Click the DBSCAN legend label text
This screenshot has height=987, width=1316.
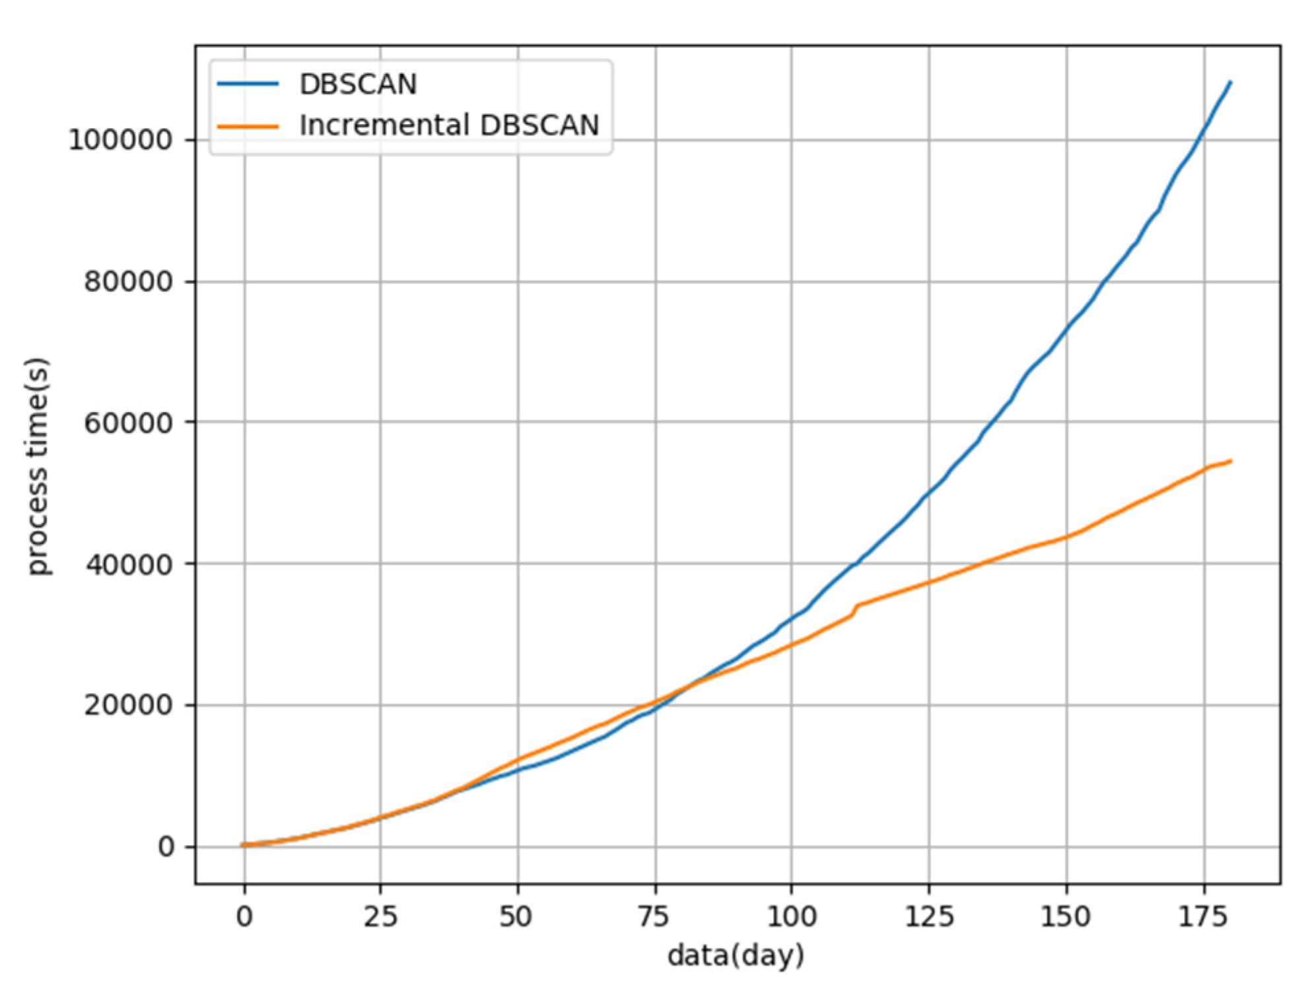(x=358, y=85)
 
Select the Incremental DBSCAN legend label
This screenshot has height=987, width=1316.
(x=449, y=125)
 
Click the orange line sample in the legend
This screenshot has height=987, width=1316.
(x=248, y=126)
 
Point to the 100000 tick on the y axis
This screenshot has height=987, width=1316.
(x=121, y=140)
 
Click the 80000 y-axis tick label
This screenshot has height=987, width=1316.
(x=128, y=282)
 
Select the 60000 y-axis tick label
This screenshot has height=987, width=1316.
(x=128, y=423)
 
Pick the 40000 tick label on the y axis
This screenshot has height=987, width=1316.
(x=128, y=564)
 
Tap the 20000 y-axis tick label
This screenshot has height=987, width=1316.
(x=128, y=706)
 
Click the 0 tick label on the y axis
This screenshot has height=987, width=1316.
(x=166, y=847)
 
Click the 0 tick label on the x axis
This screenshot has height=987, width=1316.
(x=244, y=916)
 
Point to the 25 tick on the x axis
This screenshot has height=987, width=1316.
(x=380, y=916)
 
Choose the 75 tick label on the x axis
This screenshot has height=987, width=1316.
(x=655, y=916)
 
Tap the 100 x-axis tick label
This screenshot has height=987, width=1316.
(x=791, y=916)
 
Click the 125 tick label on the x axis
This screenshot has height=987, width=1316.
(x=928, y=916)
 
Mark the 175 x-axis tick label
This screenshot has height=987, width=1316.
(x=1203, y=916)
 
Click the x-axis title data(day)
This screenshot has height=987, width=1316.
(x=736, y=955)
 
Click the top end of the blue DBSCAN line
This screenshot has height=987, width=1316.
(x=1230, y=83)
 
